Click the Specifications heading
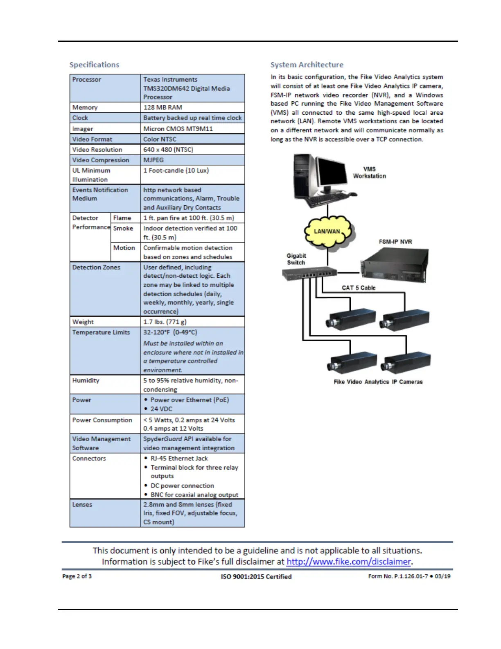[94, 65]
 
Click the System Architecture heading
[307, 65]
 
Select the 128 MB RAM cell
[162, 107]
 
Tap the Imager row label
[83, 129]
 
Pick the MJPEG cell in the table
[153, 160]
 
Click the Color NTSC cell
[160, 139]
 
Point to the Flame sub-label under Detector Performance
[122, 218]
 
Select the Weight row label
[83, 322]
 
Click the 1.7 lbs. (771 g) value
[165, 322]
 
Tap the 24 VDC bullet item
[161, 409]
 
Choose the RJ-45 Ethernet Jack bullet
[179, 458]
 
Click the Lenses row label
[82, 505]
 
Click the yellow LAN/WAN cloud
[327, 231]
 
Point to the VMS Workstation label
[369, 172]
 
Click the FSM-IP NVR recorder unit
[394, 264]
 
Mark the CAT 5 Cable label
[359, 288]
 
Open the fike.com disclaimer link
[348, 562]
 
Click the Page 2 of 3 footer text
[77, 576]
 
